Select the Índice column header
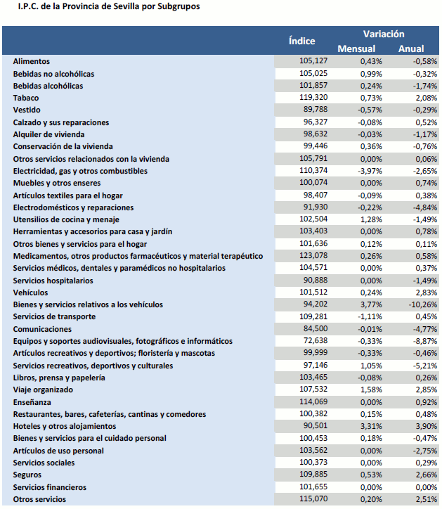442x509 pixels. [301, 41]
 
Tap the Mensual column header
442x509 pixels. [356, 49]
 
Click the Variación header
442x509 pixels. [383, 34]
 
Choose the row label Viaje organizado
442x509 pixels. [43, 389]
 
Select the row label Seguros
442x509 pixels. [28, 475]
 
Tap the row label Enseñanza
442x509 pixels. [32, 401]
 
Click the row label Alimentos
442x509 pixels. [32, 61]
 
